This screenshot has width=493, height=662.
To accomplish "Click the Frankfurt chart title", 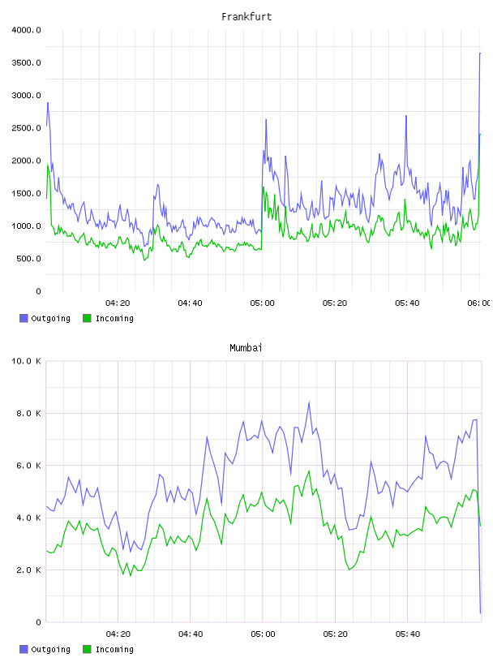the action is [246, 17].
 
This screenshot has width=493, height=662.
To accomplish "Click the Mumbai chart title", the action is [246, 348].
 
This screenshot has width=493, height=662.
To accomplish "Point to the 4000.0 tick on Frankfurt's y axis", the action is [26, 30].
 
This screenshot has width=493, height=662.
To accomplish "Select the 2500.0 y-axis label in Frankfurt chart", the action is [26, 128].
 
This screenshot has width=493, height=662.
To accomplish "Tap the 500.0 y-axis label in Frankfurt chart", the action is [28, 258].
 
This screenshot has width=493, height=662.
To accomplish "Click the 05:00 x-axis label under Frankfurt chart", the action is [262, 303].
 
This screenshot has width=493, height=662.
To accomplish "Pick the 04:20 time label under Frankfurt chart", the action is [118, 303].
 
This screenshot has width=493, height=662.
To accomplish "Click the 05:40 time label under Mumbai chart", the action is [408, 634].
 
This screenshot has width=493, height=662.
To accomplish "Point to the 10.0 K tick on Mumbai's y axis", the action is [26, 361].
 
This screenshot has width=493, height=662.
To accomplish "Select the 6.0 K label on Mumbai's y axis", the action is [28, 465].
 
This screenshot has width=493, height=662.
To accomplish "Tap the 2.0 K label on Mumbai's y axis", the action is [28, 570].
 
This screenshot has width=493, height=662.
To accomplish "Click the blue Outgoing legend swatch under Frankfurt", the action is [24, 318].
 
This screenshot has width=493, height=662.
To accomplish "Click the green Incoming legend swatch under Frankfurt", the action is [87, 318].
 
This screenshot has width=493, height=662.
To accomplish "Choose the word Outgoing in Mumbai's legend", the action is [50, 649].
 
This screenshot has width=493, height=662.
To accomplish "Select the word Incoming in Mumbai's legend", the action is [114, 649].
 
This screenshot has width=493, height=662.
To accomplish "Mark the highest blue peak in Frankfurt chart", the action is [480, 54].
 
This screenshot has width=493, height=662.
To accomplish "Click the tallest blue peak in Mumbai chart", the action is [309, 402].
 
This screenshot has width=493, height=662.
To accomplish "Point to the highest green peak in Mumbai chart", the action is [309, 471].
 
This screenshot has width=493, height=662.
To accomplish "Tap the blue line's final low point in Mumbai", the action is [480, 613].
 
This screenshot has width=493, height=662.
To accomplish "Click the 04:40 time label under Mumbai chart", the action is [191, 634].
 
